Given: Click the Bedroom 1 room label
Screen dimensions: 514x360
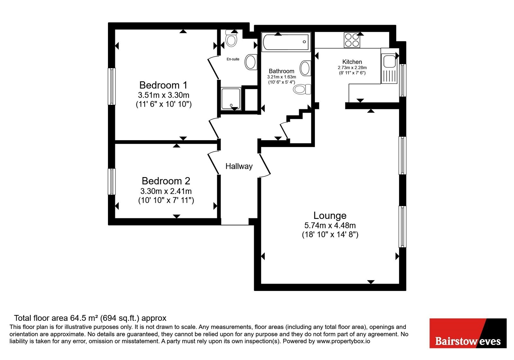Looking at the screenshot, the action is click(163, 85).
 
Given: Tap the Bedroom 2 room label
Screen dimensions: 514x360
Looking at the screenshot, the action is click(166, 181).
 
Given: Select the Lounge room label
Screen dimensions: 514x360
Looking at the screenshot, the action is click(330, 215).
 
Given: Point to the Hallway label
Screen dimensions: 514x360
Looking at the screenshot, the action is click(239, 166).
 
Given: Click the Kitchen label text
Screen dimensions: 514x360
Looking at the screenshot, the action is click(352, 62).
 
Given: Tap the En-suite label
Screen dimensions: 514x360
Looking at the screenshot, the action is click(233, 59).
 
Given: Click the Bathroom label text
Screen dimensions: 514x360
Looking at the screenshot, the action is click(281, 71).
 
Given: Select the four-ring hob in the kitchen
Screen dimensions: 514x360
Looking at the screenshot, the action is click(352, 40).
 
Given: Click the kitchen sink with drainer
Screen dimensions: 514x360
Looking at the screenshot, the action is click(389, 69).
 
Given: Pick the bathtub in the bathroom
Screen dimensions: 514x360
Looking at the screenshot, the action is click(286, 42).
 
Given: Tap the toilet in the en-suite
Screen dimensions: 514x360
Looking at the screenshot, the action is click(231, 38).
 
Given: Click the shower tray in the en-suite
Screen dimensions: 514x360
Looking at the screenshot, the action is click(231, 98).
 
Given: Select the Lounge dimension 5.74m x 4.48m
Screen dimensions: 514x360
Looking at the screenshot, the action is click(330, 225).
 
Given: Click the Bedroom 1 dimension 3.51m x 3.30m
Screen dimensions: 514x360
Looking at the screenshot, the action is click(164, 95).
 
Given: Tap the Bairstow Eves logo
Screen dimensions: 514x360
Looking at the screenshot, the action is click(468, 333).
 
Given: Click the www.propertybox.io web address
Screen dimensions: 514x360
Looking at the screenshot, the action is click(343, 341).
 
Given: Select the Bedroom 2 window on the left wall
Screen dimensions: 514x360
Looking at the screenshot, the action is click(111, 182).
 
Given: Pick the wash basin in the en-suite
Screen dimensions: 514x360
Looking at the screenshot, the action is click(251, 62).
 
